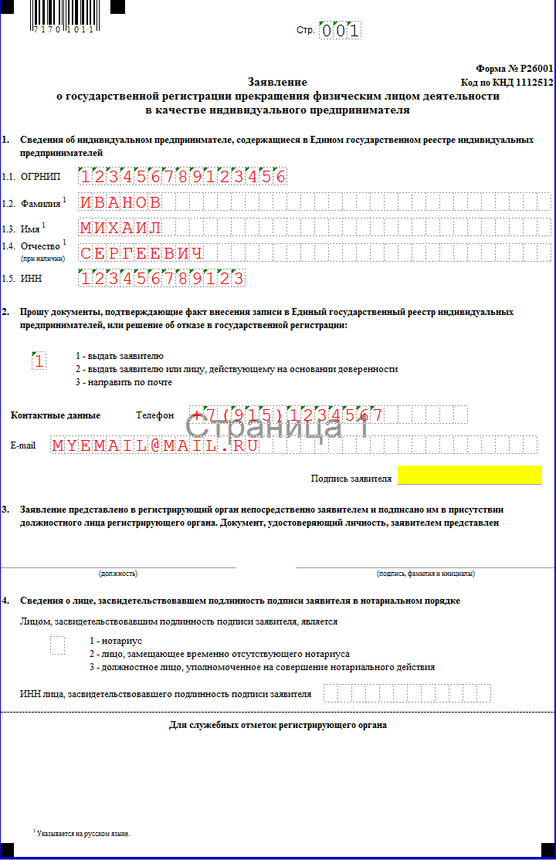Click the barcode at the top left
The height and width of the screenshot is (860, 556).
click(63, 15)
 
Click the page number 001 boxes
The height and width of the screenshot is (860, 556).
click(340, 31)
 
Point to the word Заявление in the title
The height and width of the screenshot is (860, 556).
click(277, 82)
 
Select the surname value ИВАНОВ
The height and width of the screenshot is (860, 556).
click(121, 203)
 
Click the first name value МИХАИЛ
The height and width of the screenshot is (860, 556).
click(121, 228)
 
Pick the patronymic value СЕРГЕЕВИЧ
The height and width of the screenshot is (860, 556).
click(142, 253)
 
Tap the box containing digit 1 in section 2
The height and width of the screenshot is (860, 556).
click(39, 361)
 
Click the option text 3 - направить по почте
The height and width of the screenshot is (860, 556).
click(124, 382)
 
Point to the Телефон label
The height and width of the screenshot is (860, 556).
click(155, 415)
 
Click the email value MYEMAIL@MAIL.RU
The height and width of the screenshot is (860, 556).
click(155, 445)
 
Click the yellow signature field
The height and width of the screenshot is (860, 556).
click(470, 476)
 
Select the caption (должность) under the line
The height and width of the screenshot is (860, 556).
click(118, 574)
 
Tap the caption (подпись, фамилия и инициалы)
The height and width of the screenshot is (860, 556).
click(425, 574)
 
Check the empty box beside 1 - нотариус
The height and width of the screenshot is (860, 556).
click(57, 645)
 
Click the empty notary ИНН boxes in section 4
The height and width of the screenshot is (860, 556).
click(407, 693)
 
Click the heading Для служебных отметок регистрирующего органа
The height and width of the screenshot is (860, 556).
click(278, 725)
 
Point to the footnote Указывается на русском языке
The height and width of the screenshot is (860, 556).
click(83, 834)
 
